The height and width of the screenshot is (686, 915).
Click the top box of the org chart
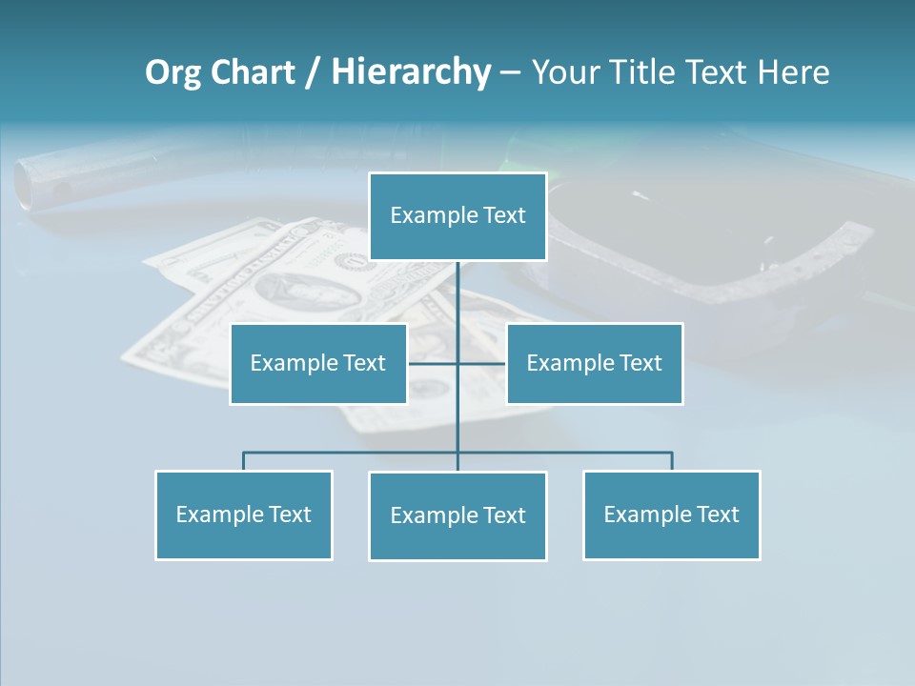point(457,216)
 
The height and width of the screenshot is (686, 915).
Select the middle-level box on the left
point(318,363)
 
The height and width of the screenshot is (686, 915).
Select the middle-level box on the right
point(594,363)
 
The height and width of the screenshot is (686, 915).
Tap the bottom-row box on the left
point(243,514)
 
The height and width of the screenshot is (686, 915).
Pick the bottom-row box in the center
point(457,515)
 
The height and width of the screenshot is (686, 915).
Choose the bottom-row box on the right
point(671,514)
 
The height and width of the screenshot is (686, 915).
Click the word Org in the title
point(172,72)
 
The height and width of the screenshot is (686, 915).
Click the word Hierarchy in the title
point(411,72)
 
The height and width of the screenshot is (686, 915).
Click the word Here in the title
point(793,72)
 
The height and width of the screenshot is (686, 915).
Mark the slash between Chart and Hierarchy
point(314,72)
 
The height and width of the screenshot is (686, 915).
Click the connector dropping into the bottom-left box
point(243,461)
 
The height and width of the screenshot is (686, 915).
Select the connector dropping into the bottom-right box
point(672,461)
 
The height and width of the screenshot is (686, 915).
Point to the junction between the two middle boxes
point(457,363)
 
